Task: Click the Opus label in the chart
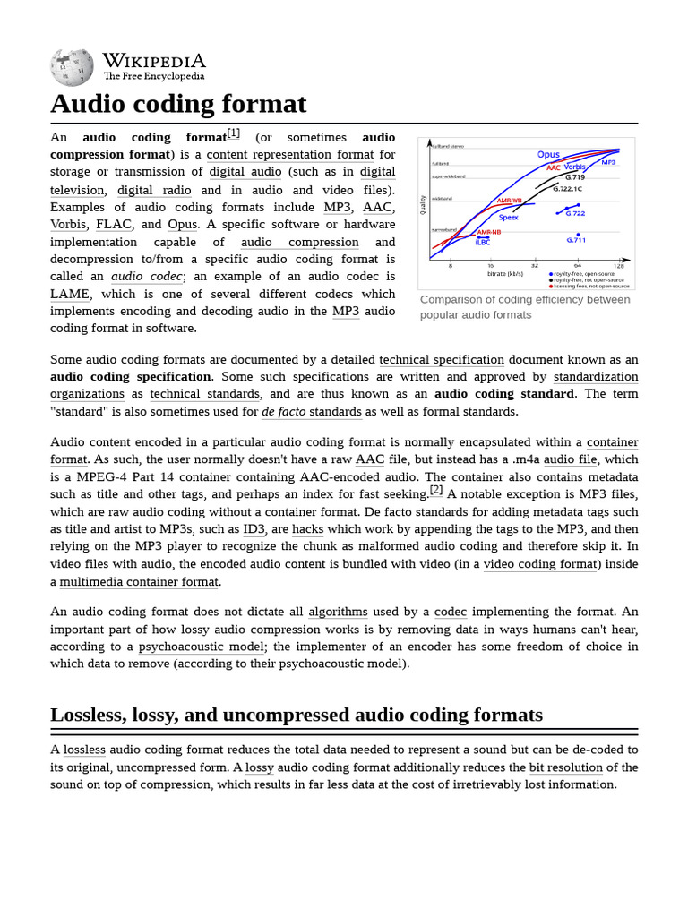[x=548, y=155]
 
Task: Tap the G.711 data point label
[x=576, y=240]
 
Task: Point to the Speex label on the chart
[x=509, y=218]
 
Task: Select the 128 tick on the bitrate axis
[x=619, y=266]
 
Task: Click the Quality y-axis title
[x=423, y=205]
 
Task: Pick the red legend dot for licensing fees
[x=550, y=286]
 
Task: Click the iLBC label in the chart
[x=483, y=242]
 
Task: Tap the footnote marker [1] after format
[x=233, y=133]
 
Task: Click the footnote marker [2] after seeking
[x=436, y=490]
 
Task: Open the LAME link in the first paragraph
[x=70, y=294]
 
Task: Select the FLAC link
[x=114, y=224]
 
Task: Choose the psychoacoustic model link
[x=202, y=647]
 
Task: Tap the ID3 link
[x=254, y=529]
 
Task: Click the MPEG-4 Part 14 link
[x=125, y=477]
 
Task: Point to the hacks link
[x=307, y=529]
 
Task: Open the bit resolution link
[x=565, y=767]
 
